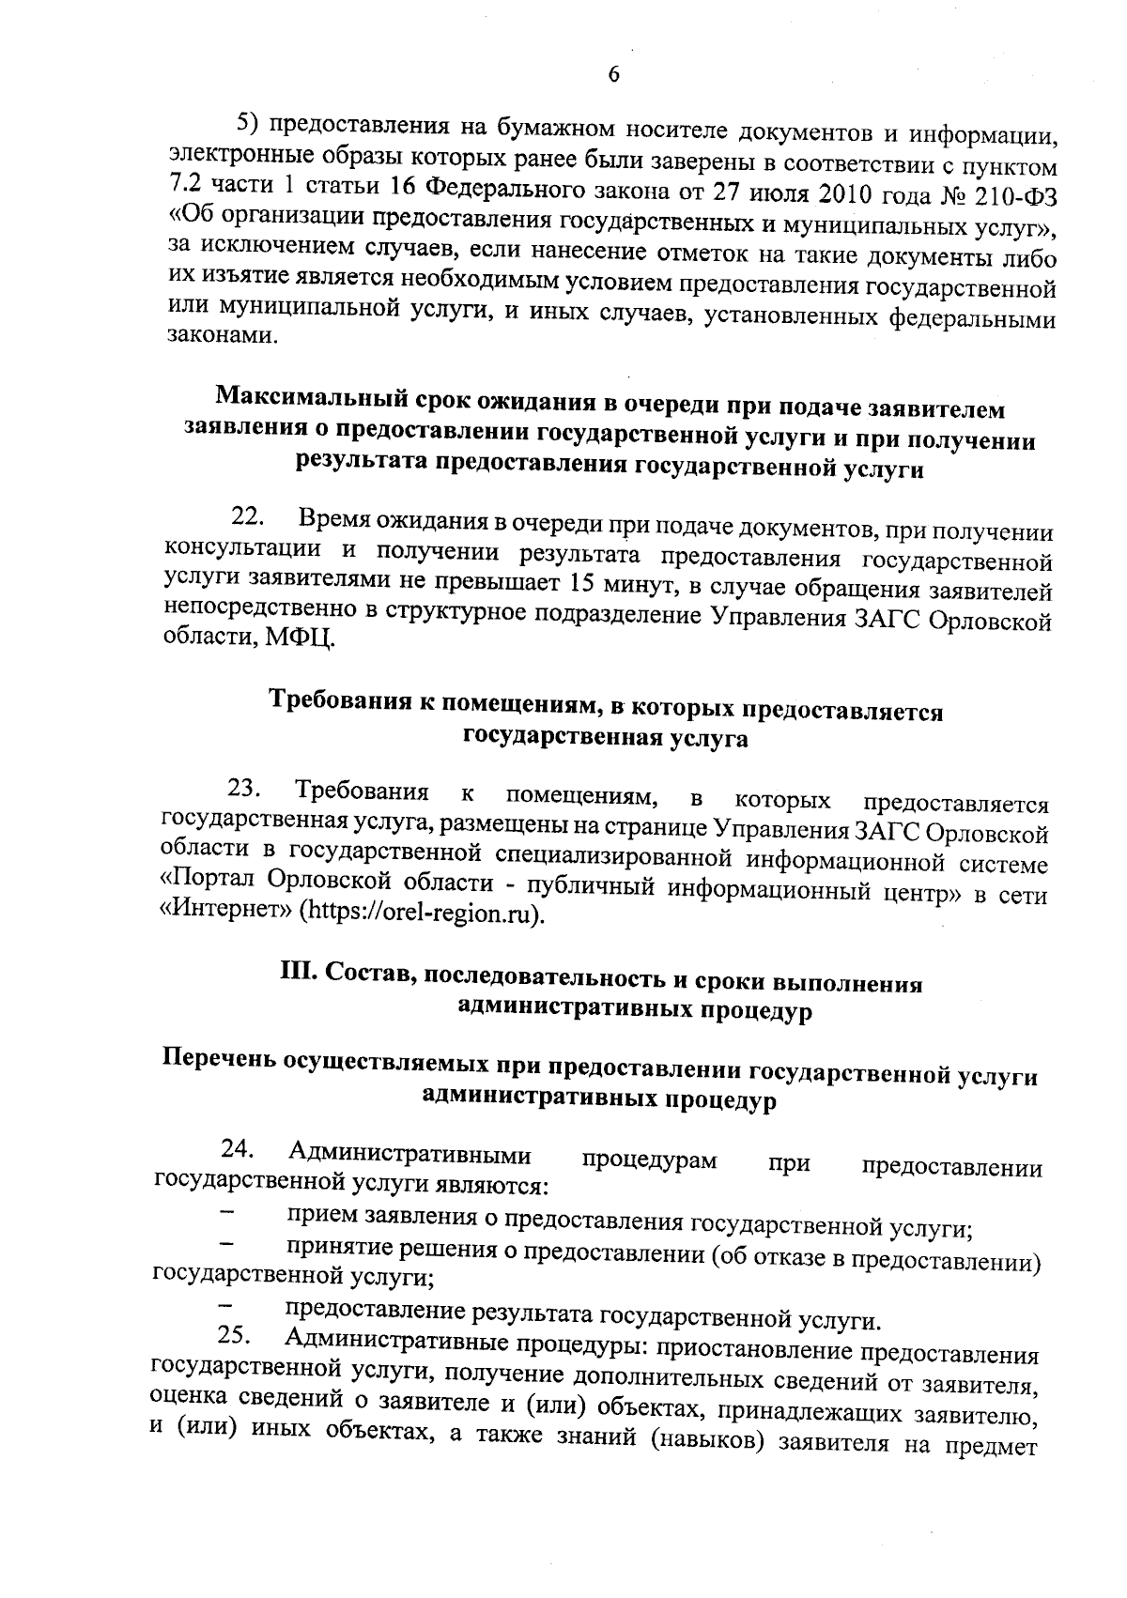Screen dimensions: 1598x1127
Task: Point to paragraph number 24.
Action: pyautogui.click(x=239, y=1148)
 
